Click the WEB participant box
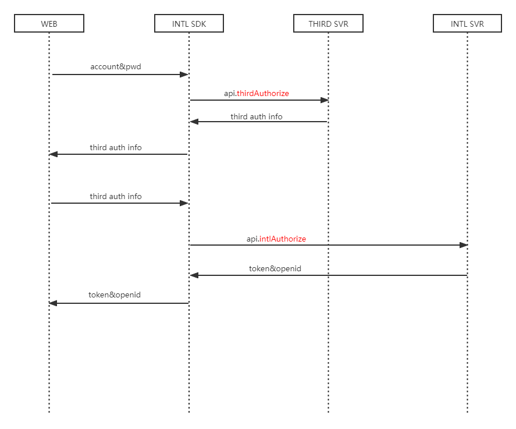click(x=49, y=24)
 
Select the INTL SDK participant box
click(x=189, y=24)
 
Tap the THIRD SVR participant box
click(x=328, y=24)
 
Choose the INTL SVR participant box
click(x=467, y=24)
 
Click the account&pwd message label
click(x=115, y=67)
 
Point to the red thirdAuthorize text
click(x=263, y=93)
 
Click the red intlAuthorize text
click(x=282, y=239)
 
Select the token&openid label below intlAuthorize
click(x=275, y=269)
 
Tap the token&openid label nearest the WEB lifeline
click(x=115, y=295)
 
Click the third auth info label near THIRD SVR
click(x=257, y=116)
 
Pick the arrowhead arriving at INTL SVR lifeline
click(x=464, y=245)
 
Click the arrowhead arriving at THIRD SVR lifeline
click(x=325, y=100)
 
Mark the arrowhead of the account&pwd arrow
click(x=184, y=75)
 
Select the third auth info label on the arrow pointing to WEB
click(x=115, y=148)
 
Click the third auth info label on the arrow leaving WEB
click(x=115, y=197)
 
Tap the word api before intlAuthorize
click(x=252, y=239)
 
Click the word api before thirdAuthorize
click(x=229, y=93)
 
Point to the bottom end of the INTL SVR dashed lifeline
click(x=467, y=412)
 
